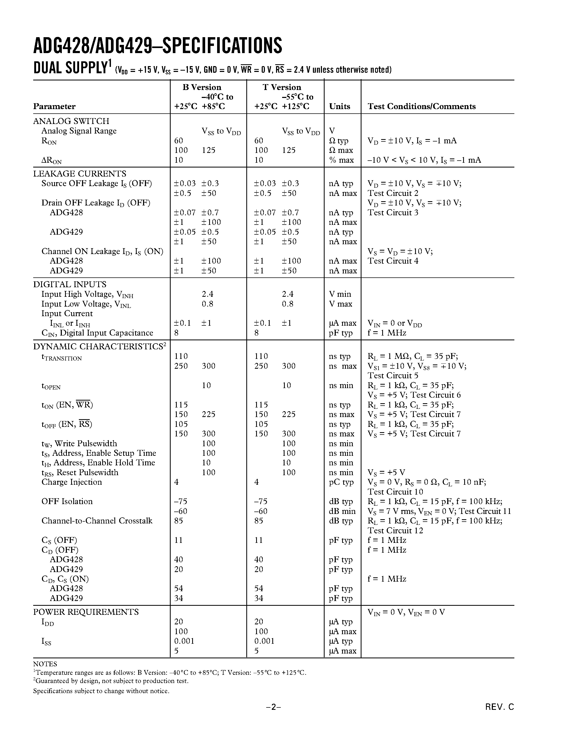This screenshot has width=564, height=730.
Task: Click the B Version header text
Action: (x=202, y=87)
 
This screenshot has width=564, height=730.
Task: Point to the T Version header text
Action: (x=282, y=87)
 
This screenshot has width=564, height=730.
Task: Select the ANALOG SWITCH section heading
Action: (x=71, y=121)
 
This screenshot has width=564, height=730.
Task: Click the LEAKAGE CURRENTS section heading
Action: (x=80, y=174)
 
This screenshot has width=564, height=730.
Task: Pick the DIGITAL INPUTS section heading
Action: (x=70, y=285)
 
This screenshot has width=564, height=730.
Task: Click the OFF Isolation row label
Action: (x=67, y=501)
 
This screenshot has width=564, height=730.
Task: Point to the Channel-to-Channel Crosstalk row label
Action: (x=97, y=521)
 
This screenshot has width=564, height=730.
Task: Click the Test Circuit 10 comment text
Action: (x=395, y=492)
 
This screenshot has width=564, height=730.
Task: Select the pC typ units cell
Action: (x=341, y=482)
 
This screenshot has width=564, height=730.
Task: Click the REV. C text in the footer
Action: (x=500, y=707)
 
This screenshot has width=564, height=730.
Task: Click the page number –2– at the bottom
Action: (x=273, y=707)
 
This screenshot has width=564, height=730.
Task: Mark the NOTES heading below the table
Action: (x=45, y=664)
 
